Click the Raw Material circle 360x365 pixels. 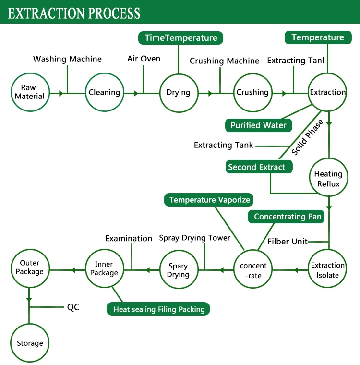point(29,92)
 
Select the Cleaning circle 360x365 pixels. point(104,92)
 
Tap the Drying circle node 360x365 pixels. point(178,92)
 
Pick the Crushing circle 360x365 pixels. point(252,92)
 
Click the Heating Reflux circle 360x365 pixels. point(328,179)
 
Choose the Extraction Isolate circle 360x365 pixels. point(328,270)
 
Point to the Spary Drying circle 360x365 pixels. point(178,270)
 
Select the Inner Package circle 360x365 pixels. point(104,269)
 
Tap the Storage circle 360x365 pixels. point(30,343)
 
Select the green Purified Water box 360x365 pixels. point(258,125)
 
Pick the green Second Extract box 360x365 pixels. point(257,167)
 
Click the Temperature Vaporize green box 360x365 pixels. point(209,199)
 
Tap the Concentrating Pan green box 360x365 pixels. point(288,217)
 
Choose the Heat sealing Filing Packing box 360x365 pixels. point(159,309)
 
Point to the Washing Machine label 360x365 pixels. point(67,59)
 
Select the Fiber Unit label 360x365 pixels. point(288,241)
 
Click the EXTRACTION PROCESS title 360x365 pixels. point(74,12)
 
